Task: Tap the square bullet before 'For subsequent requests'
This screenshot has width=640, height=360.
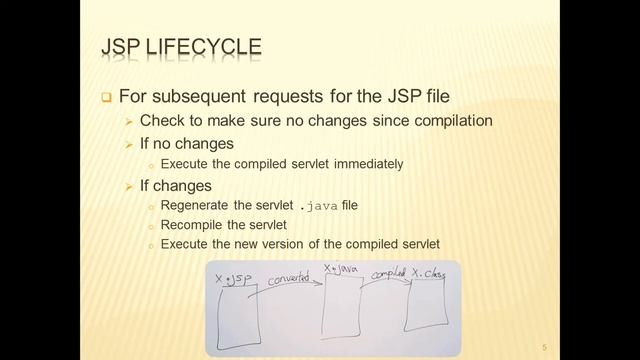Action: tap(107, 98)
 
